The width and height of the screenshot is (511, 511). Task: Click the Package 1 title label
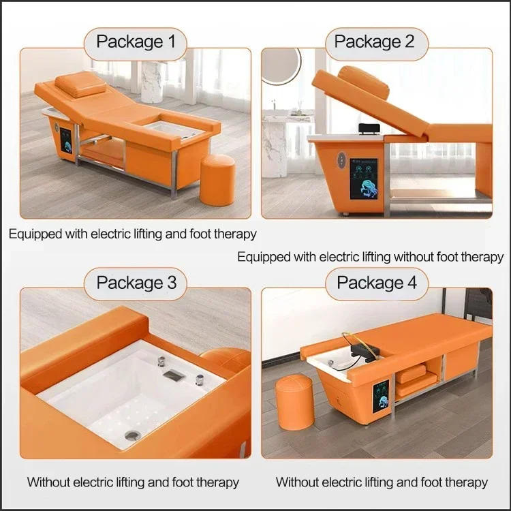136,42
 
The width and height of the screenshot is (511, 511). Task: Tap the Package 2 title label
374,42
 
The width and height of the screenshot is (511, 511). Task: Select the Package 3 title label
136,282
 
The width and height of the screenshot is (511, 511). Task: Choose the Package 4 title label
377,282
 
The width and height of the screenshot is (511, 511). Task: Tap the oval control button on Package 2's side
335,164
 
